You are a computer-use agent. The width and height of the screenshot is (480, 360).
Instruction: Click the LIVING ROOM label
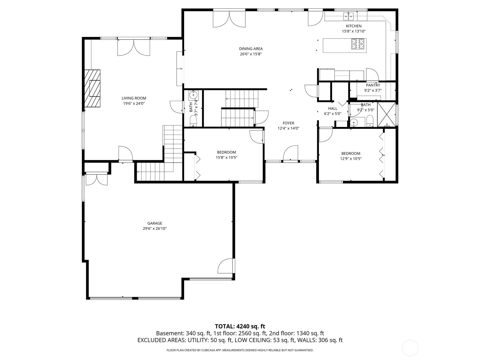point(134,98)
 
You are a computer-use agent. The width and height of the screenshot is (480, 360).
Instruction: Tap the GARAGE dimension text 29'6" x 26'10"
point(154,229)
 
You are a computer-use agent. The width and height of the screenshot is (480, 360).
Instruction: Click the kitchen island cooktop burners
point(359,44)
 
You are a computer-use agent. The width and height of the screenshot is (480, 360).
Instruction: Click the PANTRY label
point(373,85)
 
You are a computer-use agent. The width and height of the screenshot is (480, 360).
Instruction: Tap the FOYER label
point(288,123)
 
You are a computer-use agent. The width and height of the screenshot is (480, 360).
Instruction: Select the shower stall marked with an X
point(386,114)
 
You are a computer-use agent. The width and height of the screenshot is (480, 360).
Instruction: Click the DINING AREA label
point(251,49)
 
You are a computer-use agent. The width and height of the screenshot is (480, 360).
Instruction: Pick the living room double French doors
point(133,47)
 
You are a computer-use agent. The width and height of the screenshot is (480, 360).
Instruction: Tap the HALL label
point(332,109)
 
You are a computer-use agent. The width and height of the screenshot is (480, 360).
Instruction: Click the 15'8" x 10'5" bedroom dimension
point(226,157)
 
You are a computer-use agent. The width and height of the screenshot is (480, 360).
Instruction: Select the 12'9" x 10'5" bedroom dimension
point(351,159)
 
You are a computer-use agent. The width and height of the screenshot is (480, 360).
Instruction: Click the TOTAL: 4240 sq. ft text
point(240,326)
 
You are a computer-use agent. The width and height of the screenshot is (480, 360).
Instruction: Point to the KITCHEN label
point(354,26)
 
